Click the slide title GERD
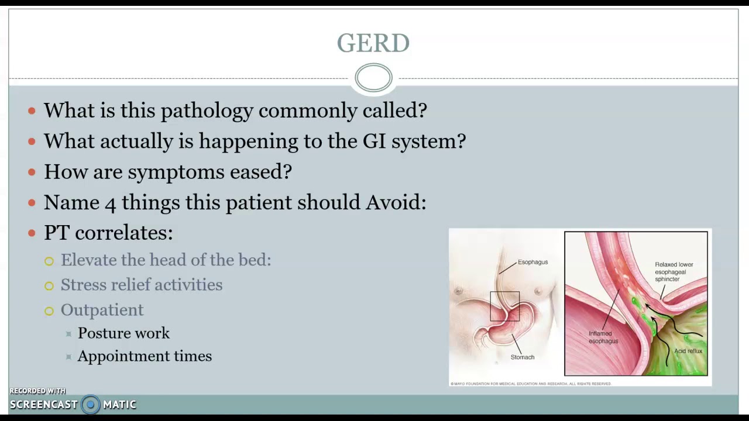pos(373,43)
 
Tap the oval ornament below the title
pos(373,78)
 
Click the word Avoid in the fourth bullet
pos(396,202)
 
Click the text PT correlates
pos(108,233)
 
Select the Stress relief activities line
pos(142,285)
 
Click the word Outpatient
pos(102,310)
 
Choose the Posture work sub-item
pos(123,333)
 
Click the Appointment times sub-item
pos(145,356)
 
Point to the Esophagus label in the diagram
pos(532,262)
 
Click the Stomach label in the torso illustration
pos(523,357)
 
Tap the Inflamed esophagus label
pos(603,337)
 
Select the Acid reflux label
pos(688,351)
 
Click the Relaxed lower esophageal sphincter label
pos(674,272)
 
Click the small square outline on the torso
pos(504,306)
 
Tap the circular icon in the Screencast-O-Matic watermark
pos(91,405)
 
